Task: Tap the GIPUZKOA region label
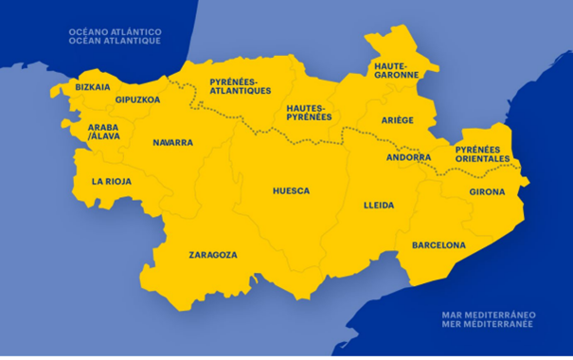[x=137, y=99]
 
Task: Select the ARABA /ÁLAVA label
[x=104, y=131]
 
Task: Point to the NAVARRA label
[x=172, y=142]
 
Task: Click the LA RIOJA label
[x=112, y=180]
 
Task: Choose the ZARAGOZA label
[x=213, y=254]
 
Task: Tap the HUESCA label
[x=291, y=190]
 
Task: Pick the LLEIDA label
[x=379, y=205]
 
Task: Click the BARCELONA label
[x=439, y=245]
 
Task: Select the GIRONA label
[x=487, y=192]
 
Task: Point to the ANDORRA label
[x=409, y=157]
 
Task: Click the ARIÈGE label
[x=398, y=120]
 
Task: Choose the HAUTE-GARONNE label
[x=391, y=69]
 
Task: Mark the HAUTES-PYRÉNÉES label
[x=309, y=113]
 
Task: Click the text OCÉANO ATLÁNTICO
[x=115, y=33]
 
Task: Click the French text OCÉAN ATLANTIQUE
[x=115, y=43]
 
